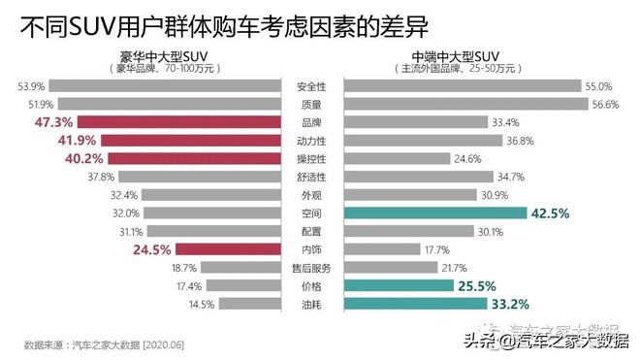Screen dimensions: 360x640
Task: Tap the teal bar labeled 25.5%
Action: (x=399, y=285)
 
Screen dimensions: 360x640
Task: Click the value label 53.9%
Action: (x=33, y=86)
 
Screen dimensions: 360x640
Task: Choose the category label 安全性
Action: (x=310, y=86)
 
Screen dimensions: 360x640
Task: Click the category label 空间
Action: (x=310, y=213)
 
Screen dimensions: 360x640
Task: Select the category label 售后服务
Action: (x=310, y=268)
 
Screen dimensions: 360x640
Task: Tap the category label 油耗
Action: (x=310, y=304)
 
